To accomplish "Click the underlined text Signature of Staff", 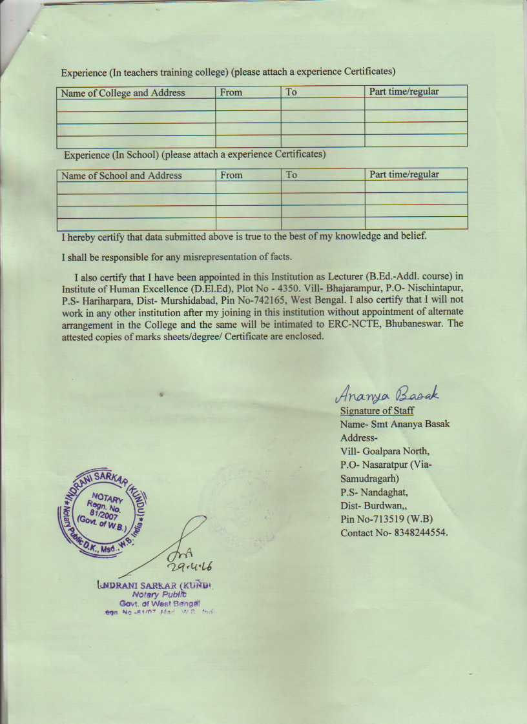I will pyautogui.click(x=377, y=410).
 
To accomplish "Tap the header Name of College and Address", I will pyautogui.click(x=123, y=93).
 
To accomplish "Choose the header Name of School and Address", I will pyautogui.click(x=121, y=176).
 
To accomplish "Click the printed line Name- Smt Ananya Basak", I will pyautogui.click(x=395, y=424).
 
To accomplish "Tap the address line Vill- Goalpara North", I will pyautogui.click(x=385, y=451).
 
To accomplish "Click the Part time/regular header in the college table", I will pyautogui.click(x=404, y=92).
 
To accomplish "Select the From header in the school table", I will pyautogui.click(x=231, y=175).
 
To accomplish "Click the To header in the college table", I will pyautogui.click(x=291, y=92).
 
